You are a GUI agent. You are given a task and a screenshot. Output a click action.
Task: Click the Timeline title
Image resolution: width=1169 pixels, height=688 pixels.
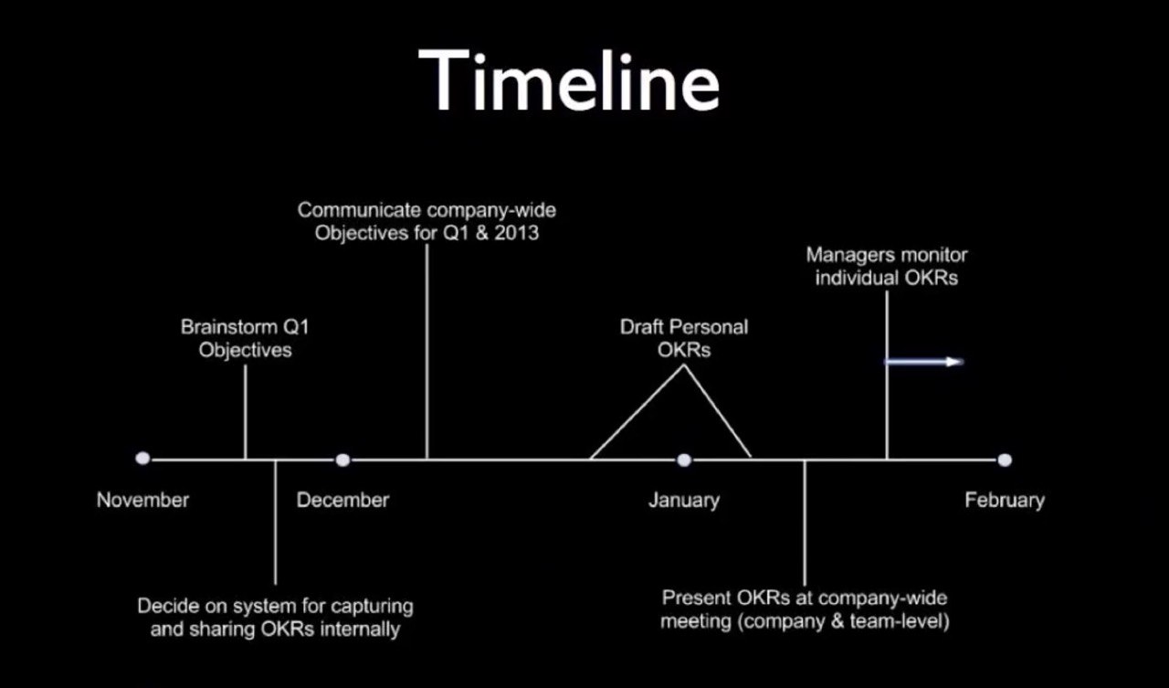pyautogui.click(x=569, y=81)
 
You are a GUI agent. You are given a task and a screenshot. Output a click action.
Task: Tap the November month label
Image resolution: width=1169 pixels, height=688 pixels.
pyautogui.click(x=142, y=500)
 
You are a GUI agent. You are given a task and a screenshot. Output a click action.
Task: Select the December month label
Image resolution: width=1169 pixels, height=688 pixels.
pyautogui.click(x=342, y=500)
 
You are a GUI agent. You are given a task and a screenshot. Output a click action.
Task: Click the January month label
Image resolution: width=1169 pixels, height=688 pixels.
pyautogui.click(x=684, y=501)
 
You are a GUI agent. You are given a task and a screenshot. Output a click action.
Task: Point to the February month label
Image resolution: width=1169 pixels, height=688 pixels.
pyautogui.click(x=1005, y=501)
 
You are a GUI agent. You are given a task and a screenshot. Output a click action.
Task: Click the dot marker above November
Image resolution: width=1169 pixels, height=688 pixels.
pyautogui.click(x=142, y=459)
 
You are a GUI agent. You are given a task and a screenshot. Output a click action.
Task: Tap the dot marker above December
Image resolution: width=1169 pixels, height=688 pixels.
pyautogui.click(x=342, y=460)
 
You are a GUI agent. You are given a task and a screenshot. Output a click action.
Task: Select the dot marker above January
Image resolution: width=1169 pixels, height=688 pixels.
pyautogui.click(x=684, y=460)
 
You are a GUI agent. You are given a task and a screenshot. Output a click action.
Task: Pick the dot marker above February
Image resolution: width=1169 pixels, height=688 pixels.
pyautogui.click(x=1005, y=460)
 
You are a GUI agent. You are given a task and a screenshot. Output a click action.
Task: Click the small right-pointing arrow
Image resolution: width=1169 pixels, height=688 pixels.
pyautogui.click(x=924, y=362)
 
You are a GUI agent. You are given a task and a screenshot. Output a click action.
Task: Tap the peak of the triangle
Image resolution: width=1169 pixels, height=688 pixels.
pyautogui.click(x=684, y=365)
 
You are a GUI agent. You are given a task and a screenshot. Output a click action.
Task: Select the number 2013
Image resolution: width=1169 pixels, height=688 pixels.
pyautogui.click(x=517, y=233)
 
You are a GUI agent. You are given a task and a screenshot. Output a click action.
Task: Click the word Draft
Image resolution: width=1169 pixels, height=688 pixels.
pyautogui.click(x=641, y=327)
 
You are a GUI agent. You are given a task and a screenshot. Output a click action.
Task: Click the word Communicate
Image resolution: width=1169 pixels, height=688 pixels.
pyautogui.click(x=359, y=210)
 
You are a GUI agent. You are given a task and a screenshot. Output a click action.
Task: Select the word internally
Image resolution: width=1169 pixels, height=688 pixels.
pyautogui.click(x=360, y=630)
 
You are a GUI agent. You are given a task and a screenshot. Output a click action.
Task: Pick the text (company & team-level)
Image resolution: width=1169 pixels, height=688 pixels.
pyautogui.click(x=844, y=621)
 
